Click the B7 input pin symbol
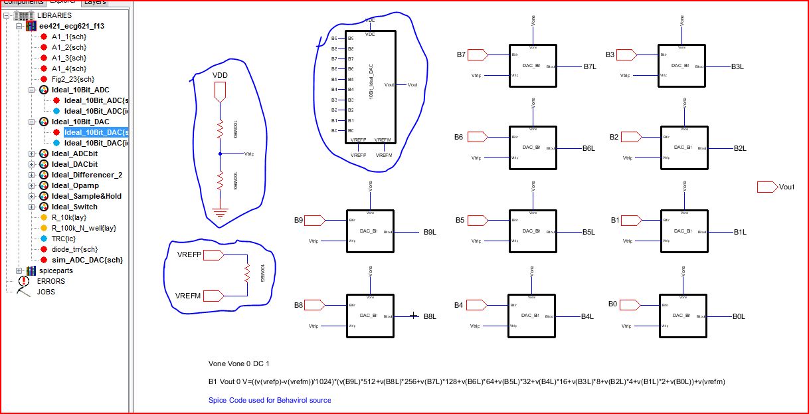click(478, 54)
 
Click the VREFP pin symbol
click(215, 255)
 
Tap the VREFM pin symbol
click(215, 295)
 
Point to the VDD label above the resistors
click(220, 76)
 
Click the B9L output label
click(429, 233)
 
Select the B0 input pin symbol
click(628, 304)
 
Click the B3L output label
click(738, 67)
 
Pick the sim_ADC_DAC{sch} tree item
click(87, 260)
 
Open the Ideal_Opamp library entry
click(75, 185)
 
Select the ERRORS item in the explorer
click(50, 281)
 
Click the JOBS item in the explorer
click(46, 292)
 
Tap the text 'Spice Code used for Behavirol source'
click(270, 400)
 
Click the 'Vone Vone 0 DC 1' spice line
click(238, 364)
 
